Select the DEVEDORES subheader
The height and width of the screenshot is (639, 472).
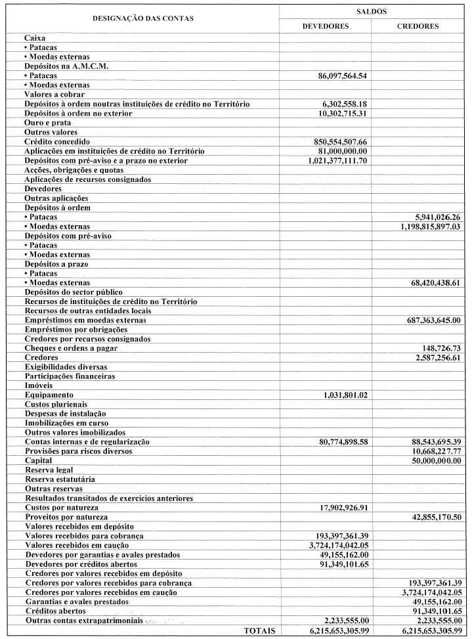pos(325,26)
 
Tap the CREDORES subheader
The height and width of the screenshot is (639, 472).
pos(418,26)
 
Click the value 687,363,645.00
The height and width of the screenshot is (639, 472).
pos(425,320)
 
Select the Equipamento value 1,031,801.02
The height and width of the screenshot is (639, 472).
pos(345,395)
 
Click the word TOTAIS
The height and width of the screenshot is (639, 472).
pos(259,630)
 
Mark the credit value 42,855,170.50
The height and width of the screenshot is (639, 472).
pos(428,518)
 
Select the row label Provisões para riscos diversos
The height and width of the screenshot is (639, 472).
pos(78,451)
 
